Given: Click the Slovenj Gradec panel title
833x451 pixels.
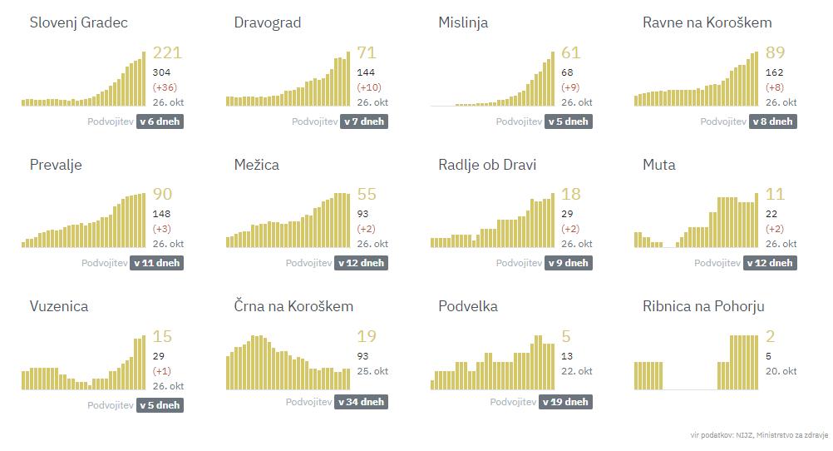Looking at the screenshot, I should (79, 23).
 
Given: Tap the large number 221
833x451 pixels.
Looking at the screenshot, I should (167, 53).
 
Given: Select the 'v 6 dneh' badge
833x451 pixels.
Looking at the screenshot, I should (160, 121).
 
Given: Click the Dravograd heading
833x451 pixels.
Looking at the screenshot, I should (268, 23).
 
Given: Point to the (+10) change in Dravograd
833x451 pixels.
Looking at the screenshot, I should (370, 87).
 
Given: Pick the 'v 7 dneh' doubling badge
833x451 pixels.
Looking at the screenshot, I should (364, 121).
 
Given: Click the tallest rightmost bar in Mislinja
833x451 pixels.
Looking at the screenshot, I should (553, 79).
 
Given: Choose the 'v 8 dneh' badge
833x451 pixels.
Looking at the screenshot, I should (772, 121).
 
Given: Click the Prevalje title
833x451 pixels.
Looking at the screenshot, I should (56, 165).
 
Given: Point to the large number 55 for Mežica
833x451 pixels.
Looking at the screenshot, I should (366, 195).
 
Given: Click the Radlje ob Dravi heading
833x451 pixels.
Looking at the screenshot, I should (487, 165).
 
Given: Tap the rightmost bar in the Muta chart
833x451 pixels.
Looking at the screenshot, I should (757, 221).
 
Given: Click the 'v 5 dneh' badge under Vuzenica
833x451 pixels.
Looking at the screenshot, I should (160, 405).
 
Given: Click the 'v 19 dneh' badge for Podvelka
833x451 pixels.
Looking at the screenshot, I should (565, 402).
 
